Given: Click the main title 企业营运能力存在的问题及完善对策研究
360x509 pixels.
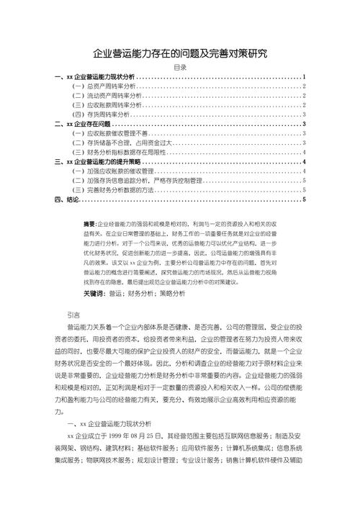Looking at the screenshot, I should (180, 53).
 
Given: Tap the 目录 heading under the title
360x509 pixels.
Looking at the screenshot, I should (180, 67).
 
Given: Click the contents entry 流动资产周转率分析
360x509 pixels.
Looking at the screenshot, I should (102, 95).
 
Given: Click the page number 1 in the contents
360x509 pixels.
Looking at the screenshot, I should (305, 76).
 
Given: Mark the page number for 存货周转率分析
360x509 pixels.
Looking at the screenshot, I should (305, 114).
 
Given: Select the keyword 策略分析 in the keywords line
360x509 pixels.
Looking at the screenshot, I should (171, 294).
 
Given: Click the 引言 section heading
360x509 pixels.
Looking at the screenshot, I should (73, 315).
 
